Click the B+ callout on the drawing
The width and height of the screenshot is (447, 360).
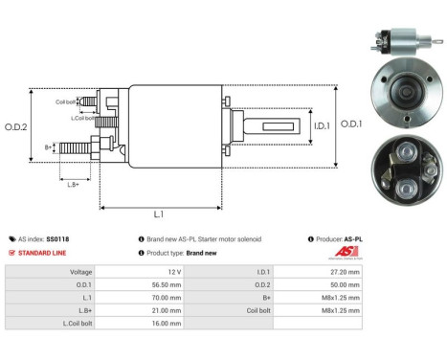[48, 147]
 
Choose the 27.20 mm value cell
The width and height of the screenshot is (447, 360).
[345, 272]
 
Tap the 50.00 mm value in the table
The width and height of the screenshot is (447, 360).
[345, 284]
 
